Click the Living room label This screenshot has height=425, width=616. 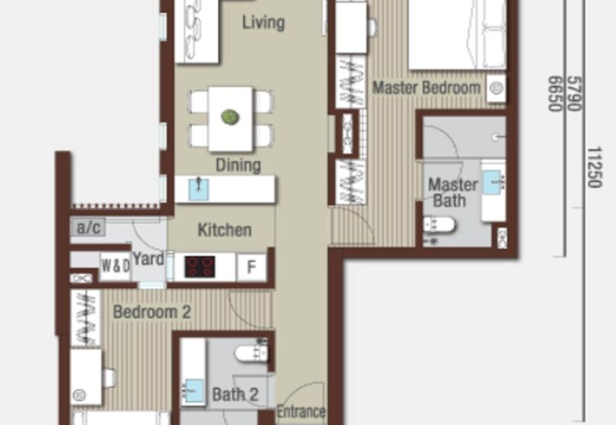pyautogui.click(x=263, y=22)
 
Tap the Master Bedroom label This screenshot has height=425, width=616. pyautogui.click(x=427, y=88)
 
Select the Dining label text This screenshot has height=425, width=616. pyautogui.click(x=238, y=165)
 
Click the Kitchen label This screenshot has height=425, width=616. pyautogui.click(x=224, y=230)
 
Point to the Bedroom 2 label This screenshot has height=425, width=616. pyautogui.click(x=152, y=313)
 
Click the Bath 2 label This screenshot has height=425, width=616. pyautogui.click(x=235, y=396)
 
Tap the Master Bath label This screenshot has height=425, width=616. pyautogui.click(x=452, y=192)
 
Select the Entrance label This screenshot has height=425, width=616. pyautogui.click(x=301, y=412)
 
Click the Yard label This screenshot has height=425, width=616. pyautogui.click(x=148, y=259)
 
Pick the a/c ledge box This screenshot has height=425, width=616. pyautogui.click(x=87, y=228)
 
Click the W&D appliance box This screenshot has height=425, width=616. pyautogui.click(x=115, y=266)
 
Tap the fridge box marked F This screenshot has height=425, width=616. pyautogui.click(x=251, y=267)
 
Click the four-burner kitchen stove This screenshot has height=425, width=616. pyautogui.click(x=200, y=267)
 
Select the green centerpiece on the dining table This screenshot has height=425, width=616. pyautogui.click(x=229, y=117)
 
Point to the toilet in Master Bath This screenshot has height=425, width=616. pyautogui.click(x=440, y=225)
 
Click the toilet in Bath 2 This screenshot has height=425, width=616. pyautogui.click(x=250, y=353)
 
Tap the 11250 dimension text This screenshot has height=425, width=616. pyautogui.click(x=594, y=167)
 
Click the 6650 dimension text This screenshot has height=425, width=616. pyautogui.click(x=554, y=92)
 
